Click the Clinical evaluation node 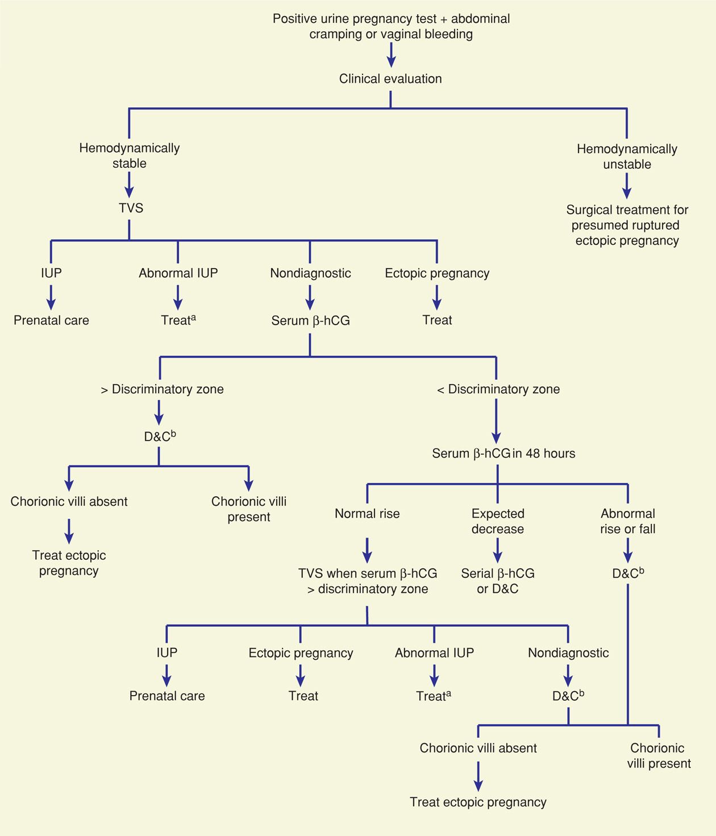[390, 79]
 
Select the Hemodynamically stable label [130, 156]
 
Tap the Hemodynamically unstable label [627, 157]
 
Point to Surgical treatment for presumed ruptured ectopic [627, 225]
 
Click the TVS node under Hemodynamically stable [131, 209]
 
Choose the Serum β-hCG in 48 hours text [503, 454]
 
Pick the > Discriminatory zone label [162, 389]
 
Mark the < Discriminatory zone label [498, 389]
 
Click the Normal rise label [367, 514]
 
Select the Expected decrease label [498, 521]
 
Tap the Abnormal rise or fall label [628, 521]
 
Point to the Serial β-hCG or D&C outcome [498, 581]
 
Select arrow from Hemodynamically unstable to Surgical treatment [627, 186]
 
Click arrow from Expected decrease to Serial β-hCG [498, 550]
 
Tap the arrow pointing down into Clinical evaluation [390, 55]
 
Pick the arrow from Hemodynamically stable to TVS [130, 185]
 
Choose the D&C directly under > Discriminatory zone [159, 436]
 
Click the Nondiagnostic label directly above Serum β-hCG [310, 273]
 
